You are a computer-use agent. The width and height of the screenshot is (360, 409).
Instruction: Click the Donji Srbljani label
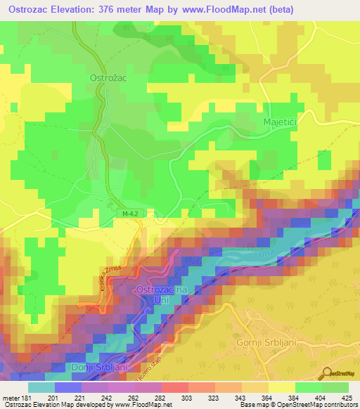point(98,368)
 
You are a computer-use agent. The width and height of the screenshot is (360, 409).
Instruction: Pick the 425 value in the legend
point(347,397)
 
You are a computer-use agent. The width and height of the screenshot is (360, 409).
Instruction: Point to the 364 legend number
point(268,397)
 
